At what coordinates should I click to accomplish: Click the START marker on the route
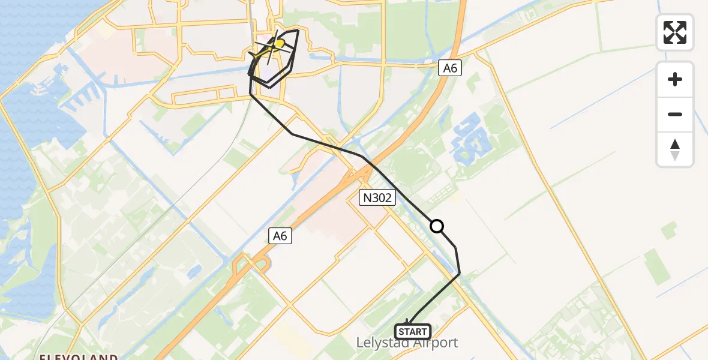412,331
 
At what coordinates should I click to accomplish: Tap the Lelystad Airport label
407,343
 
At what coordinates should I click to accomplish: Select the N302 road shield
377,197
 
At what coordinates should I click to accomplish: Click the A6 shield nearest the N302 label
280,236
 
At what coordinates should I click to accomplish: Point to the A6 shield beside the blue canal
450,68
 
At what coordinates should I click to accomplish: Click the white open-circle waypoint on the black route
437,226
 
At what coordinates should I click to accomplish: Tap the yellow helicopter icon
278,43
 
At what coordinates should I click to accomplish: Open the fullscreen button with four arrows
675,32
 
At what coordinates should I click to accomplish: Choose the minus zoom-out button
675,114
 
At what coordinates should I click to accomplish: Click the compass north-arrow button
675,149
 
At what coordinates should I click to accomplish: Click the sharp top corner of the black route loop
298,29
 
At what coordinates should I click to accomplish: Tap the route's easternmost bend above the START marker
460,274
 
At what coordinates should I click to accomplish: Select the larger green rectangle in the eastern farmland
657,266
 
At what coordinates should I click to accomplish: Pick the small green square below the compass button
670,229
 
